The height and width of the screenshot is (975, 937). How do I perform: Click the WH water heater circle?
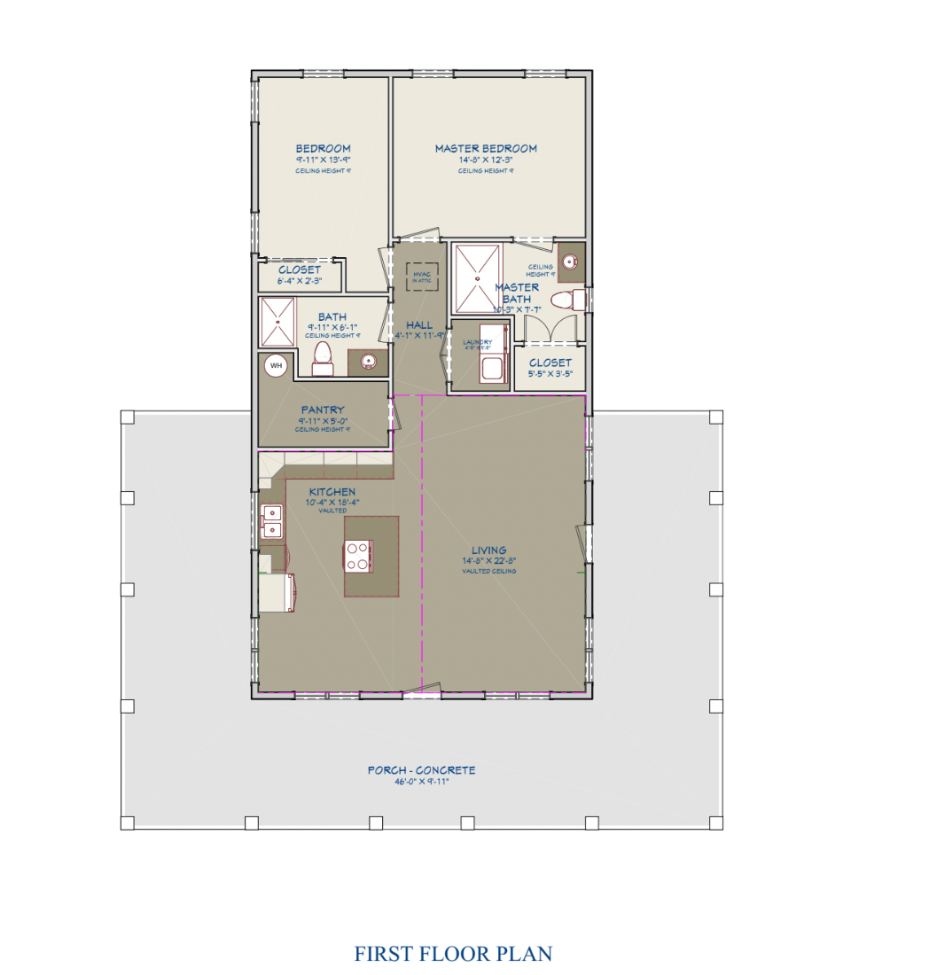coord(276,365)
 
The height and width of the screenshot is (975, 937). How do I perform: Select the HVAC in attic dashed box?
coord(421,277)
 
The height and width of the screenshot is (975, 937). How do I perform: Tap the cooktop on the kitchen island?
coord(358,557)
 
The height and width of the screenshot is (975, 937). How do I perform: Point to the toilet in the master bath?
coord(568,300)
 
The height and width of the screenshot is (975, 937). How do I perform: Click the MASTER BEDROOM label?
coord(486,149)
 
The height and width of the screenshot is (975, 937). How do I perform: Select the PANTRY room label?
coord(323,410)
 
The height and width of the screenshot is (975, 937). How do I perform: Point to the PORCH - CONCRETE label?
coord(421,770)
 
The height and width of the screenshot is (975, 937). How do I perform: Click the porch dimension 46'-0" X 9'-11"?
coord(421,782)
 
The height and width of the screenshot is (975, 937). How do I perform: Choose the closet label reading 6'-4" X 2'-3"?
coord(300,281)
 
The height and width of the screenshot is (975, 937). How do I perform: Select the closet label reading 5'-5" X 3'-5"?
coord(550,373)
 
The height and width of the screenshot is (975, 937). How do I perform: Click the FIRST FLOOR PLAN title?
coord(453,954)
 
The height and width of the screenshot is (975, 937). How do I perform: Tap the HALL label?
coord(418,324)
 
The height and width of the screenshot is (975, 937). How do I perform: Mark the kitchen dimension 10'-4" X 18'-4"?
coord(332,503)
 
